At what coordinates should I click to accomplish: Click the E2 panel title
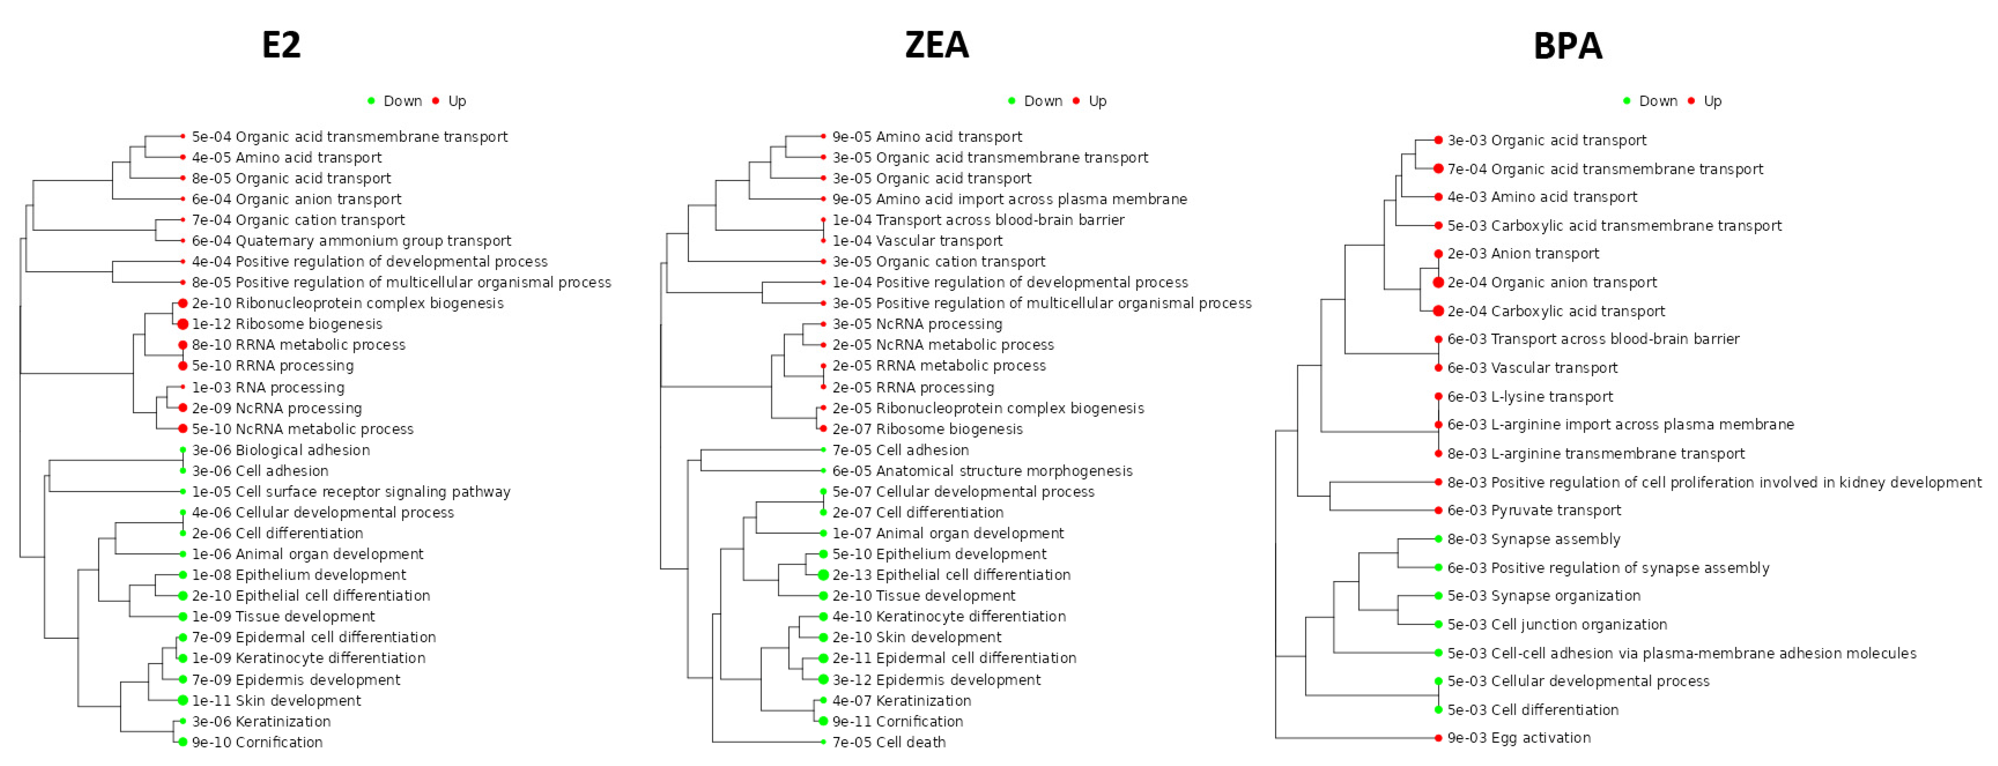click(x=281, y=45)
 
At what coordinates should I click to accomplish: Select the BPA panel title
click(x=1568, y=46)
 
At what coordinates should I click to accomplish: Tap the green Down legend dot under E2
click(x=372, y=101)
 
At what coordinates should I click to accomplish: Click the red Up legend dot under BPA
click(x=1692, y=101)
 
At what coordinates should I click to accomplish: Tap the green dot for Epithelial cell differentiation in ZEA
click(x=823, y=575)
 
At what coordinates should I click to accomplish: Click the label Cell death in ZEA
click(x=889, y=742)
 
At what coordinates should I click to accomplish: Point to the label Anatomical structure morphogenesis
click(x=982, y=471)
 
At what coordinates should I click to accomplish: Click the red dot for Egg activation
click(x=1439, y=738)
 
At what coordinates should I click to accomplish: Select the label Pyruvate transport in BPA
click(x=1534, y=510)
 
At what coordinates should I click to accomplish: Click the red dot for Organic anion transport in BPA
click(x=1439, y=282)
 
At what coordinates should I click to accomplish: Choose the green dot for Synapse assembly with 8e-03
click(x=1439, y=539)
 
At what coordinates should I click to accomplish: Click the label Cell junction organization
click(x=1557, y=624)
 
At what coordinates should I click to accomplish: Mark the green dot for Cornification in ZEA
click(x=823, y=721)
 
